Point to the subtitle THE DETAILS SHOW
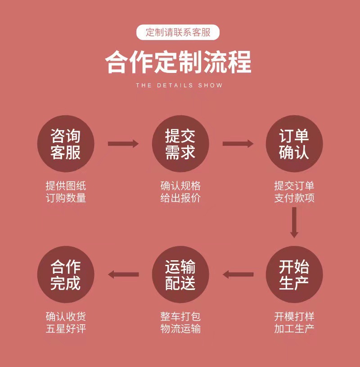(179, 85)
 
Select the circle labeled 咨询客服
(66, 144)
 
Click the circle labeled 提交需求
(180, 144)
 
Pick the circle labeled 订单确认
(294, 144)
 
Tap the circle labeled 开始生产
(294, 274)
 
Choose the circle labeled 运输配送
(180, 274)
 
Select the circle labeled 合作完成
(66, 274)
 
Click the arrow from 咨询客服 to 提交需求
(123, 144)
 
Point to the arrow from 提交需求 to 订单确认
(238, 144)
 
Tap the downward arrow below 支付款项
(294, 222)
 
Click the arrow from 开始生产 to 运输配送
(238, 274)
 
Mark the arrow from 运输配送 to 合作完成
(123, 274)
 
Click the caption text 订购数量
(66, 198)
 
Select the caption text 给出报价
(180, 198)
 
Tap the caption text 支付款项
(294, 198)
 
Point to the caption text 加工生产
(294, 328)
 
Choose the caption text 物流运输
(180, 328)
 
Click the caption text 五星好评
(66, 328)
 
